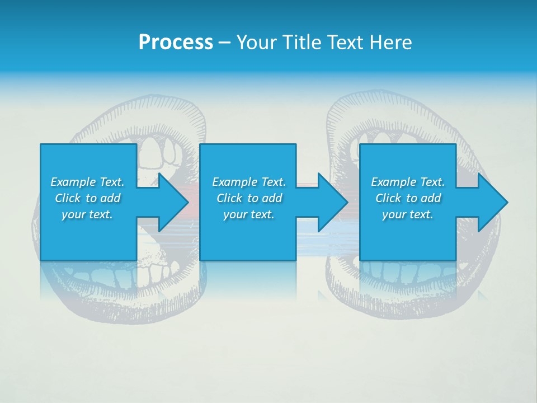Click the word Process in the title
click(x=176, y=43)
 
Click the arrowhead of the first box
click(x=173, y=202)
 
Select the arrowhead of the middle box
click(x=332, y=202)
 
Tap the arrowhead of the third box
click(x=492, y=202)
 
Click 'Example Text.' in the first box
click(x=87, y=182)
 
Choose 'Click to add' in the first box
click(x=87, y=198)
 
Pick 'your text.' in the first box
click(x=87, y=214)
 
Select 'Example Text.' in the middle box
click(x=249, y=182)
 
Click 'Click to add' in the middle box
click(x=249, y=198)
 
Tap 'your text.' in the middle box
click(x=249, y=214)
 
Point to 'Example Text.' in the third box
click(x=408, y=182)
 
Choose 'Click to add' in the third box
click(x=408, y=198)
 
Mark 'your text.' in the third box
click(x=408, y=214)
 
